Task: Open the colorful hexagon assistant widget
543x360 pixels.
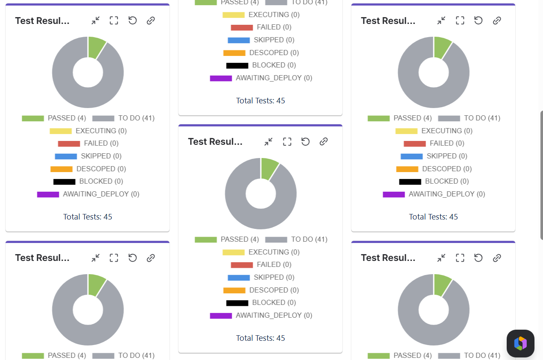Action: (x=520, y=343)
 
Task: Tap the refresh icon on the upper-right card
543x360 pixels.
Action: (x=478, y=20)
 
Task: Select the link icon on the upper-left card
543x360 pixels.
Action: (x=151, y=20)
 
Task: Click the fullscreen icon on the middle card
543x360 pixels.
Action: (x=287, y=142)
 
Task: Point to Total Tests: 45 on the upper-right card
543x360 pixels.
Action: (x=433, y=217)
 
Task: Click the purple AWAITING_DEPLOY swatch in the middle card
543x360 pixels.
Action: (x=221, y=316)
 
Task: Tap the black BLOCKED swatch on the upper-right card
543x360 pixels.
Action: (x=410, y=181)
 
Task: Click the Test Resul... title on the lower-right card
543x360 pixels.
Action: (x=388, y=258)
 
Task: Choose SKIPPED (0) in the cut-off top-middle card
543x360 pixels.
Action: (x=274, y=40)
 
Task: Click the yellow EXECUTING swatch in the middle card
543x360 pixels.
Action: (x=234, y=252)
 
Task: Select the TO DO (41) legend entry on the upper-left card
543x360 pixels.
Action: (x=136, y=118)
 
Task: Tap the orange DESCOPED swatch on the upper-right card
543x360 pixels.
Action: (x=407, y=169)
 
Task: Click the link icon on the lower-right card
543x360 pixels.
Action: (x=497, y=258)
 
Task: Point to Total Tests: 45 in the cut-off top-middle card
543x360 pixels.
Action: (x=260, y=101)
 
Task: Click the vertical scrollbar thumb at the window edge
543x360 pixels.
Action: (x=542, y=175)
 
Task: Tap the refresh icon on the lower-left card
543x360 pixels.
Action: (x=132, y=258)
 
